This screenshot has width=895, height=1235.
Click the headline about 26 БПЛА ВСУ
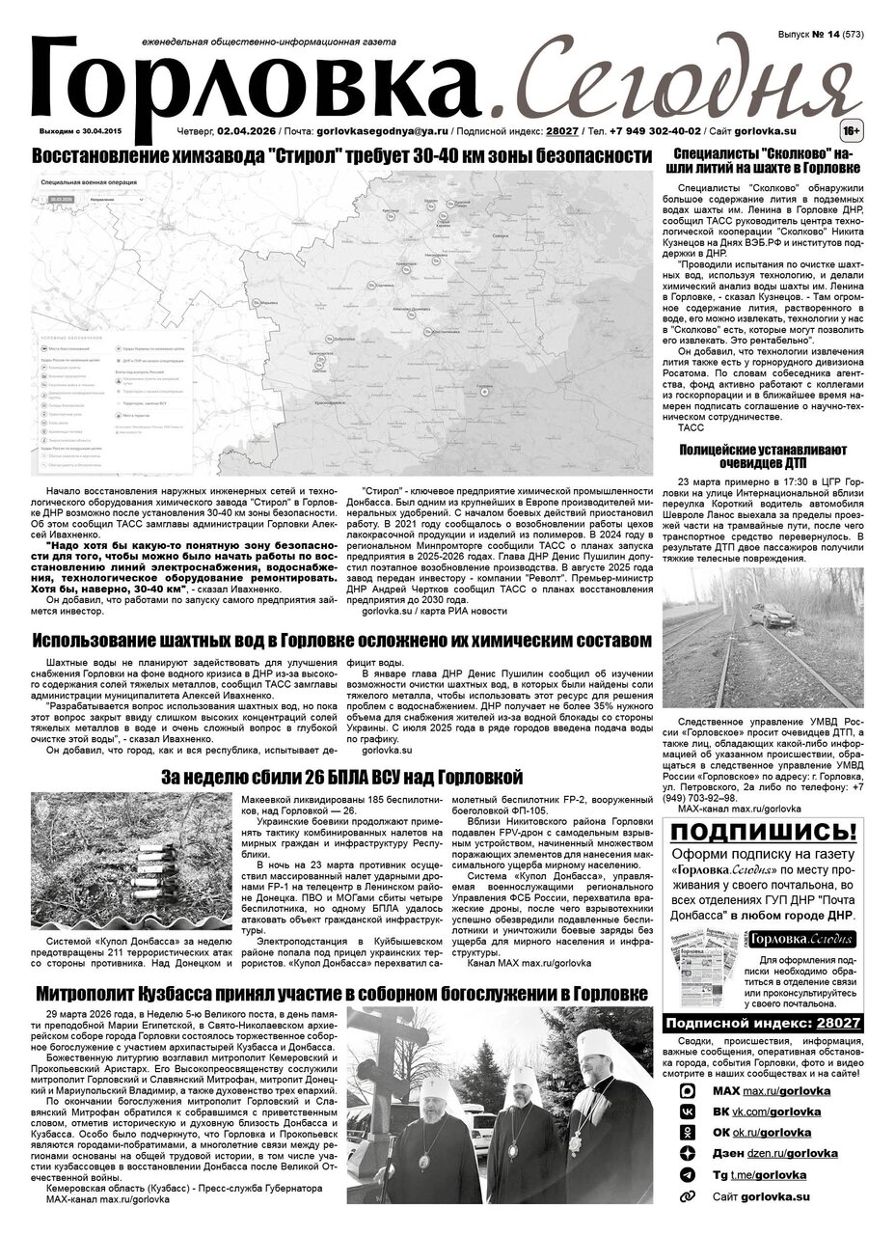[341, 777]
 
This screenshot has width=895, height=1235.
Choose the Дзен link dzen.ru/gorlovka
[790, 1153]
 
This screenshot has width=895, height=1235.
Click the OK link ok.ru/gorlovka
[772, 1132]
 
